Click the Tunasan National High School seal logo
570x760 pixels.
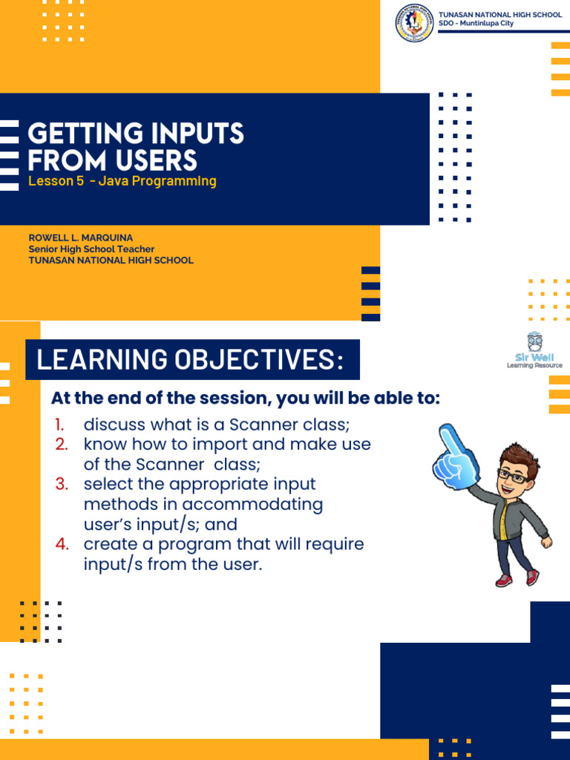coord(414,23)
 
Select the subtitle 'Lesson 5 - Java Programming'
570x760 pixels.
coord(122,181)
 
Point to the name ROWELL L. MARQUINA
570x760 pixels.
coord(81,237)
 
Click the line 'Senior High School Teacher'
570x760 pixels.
coord(91,249)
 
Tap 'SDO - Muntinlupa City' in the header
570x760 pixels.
coord(476,24)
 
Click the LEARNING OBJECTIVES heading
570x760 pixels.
coord(191,360)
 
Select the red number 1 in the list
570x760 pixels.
coord(59,425)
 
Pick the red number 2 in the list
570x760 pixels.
coord(62,445)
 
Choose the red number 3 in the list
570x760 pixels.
coord(62,485)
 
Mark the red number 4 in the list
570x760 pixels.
coord(62,544)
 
